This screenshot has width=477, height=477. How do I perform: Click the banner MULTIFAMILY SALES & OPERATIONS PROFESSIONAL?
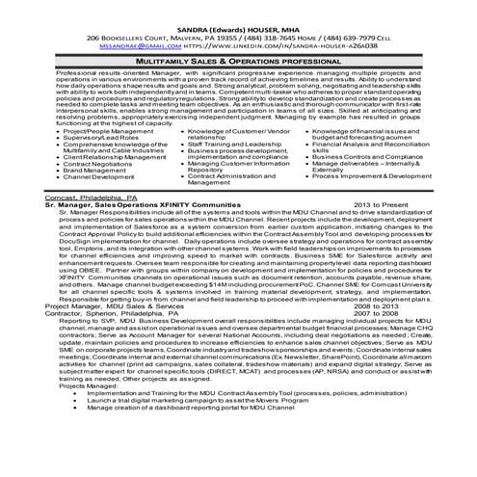pos(238,60)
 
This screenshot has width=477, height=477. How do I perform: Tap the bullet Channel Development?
pos(102,177)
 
